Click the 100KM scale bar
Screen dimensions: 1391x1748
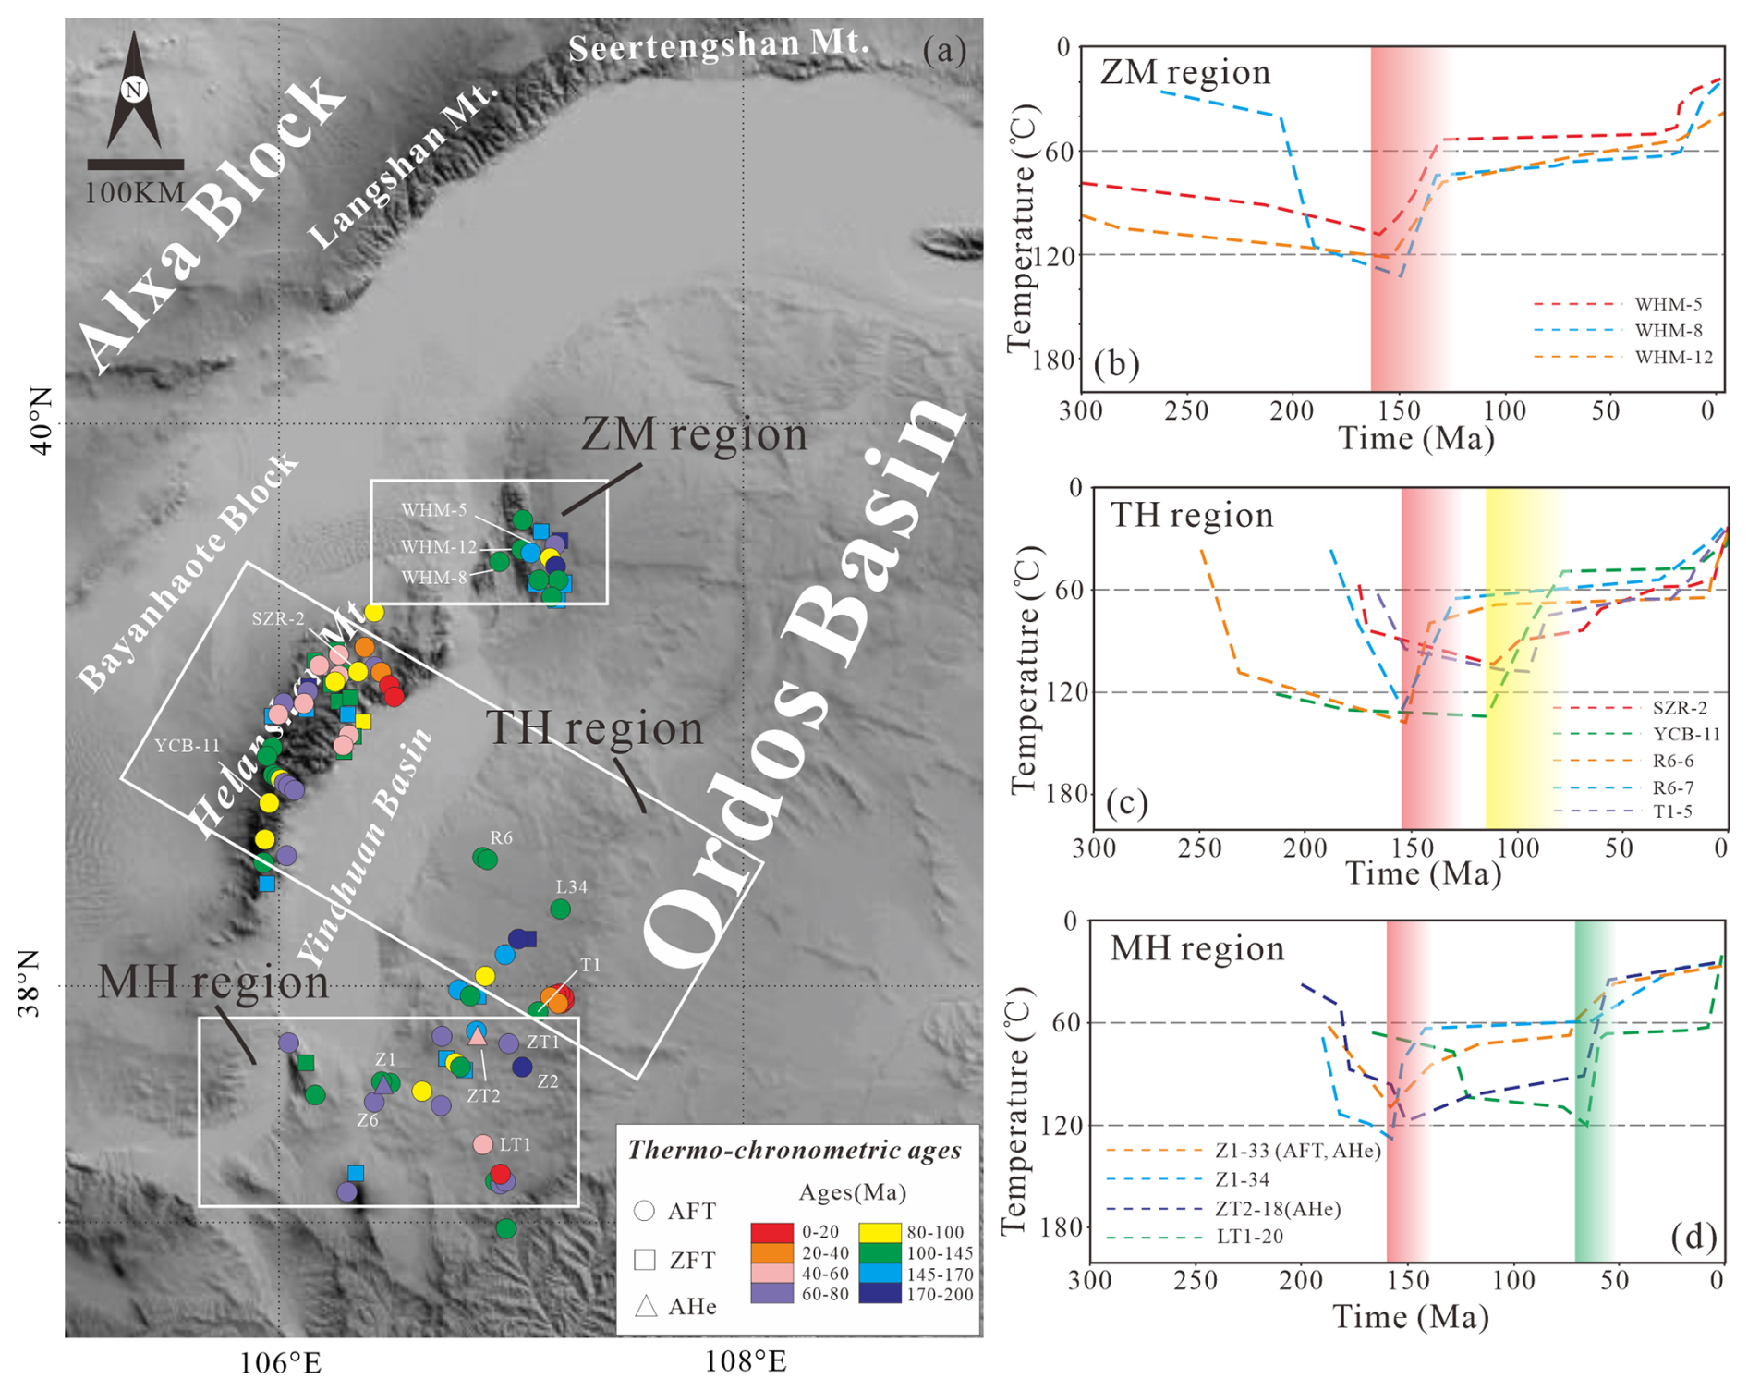(135, 165)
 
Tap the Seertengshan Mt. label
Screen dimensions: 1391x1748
(719, 44)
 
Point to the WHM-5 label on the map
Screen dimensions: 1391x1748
(433, 510)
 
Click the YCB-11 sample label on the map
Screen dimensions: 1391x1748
(187, 746)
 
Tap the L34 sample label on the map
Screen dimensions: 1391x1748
(571, 886)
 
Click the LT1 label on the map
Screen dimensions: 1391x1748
(515, 1144)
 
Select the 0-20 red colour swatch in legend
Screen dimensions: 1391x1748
(771, 1232)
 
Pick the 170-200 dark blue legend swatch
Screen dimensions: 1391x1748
(880, 1294)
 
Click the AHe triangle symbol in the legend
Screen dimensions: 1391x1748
(646, 1306)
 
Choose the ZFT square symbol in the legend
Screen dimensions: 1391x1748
(645, 1259)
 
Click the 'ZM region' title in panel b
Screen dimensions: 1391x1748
(1185, 72)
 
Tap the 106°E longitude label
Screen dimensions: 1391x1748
(280, 1361)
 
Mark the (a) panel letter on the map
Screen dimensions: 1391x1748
(943, 50)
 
